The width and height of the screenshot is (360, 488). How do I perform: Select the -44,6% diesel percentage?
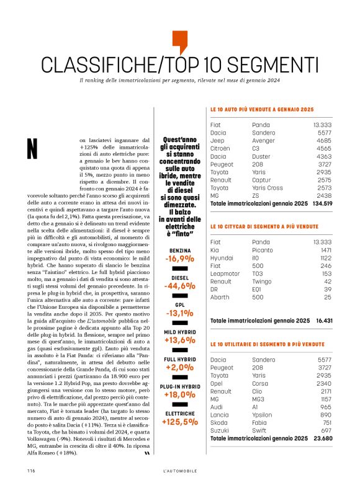pyautogui.click(x=179, y=286)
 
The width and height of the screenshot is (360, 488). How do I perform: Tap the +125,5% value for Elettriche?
pyautogui.click(x=179, y=422)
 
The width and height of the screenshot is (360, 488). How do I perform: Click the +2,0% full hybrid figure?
pyautogui.click(x=179, y=367)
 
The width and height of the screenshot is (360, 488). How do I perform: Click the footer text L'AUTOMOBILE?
pyautogui.click(x=179, y=471)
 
